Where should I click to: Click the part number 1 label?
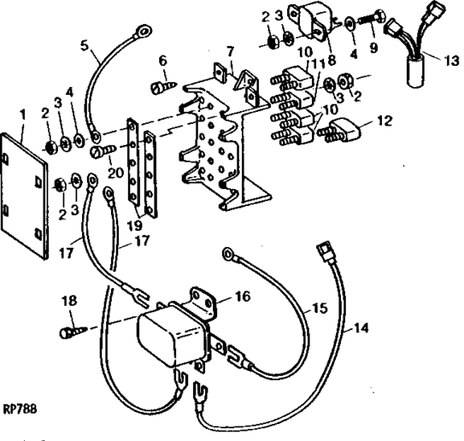pos(22,115)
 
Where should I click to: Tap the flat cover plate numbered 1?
pos(24,196)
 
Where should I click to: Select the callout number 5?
pos(85,46)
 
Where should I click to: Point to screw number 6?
pos(165,86)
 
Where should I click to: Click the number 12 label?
pos(385,121)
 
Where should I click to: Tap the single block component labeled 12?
pos(340,131)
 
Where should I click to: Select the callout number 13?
pos(451,61)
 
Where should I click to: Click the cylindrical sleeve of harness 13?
pos(416,73)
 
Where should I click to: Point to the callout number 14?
pos(361,327)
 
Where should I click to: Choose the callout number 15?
pos(320,308)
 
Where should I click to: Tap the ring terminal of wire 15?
pos(228,254)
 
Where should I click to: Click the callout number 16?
pos(243,296)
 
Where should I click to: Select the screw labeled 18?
pos(73,332)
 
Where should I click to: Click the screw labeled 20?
pos(104,150)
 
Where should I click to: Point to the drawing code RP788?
pos(21,409)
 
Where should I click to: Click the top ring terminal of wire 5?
pos(144,31)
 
